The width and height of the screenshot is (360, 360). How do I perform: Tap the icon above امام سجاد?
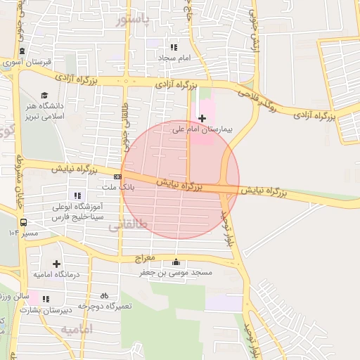(x=174, y=46)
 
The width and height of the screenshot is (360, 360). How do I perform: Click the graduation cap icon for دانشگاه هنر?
(x=45, y=95)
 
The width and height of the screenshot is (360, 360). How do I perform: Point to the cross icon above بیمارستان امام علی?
(x=202, y=118)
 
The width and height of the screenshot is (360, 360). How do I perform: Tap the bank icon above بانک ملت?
(x=117, y=176)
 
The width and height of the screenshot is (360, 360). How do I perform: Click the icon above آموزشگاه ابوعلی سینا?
(x=77, y=195)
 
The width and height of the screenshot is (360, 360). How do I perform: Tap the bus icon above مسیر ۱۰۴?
(x=24, y=221)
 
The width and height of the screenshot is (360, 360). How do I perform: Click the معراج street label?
(x=152, y=259)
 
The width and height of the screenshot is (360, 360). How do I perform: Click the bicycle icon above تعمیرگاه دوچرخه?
(x=105, y=296)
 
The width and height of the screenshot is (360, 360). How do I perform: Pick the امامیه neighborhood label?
(x=77, y=329)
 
